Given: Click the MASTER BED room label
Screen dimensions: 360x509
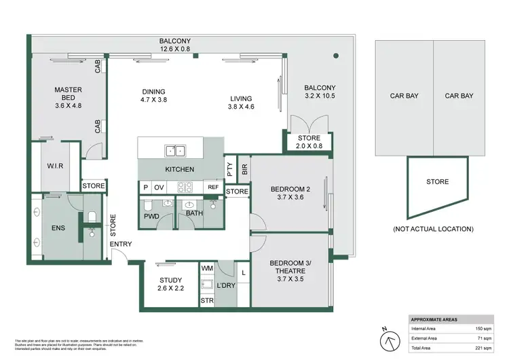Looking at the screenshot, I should pos(68,97).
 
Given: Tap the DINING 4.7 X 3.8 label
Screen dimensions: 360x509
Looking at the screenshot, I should pos(153,96).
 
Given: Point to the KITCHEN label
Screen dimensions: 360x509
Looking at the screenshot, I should pos(180,169).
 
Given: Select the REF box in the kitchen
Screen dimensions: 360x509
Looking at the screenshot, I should pos(213,187).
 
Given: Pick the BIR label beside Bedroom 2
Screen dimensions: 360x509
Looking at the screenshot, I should pos(244,166).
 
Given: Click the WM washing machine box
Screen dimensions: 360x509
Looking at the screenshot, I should pos(207,270).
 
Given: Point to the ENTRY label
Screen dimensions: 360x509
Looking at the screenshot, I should pos(121,245).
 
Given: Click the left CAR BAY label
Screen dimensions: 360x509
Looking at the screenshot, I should pos(403,96).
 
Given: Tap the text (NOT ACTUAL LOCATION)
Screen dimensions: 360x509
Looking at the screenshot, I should pos(433,229).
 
